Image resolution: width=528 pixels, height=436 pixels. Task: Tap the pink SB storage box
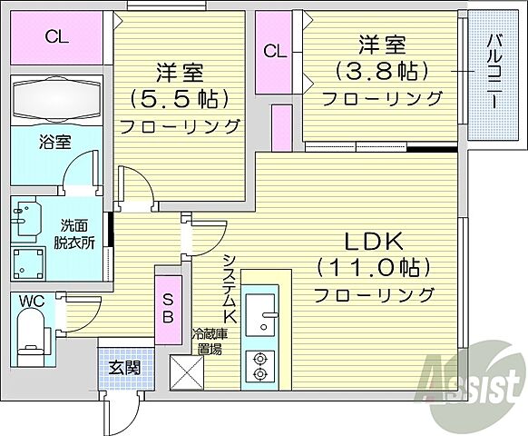coord(169,304)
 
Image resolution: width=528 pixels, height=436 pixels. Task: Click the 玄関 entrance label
coord(124,367)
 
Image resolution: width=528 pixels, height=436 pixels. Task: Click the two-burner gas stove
coord(260,363)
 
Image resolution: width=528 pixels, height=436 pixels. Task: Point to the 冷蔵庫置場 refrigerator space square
coord(186,372)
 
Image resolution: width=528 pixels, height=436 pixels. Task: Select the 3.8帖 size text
coord(381,69)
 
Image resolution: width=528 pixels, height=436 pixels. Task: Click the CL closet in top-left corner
coord(56,37)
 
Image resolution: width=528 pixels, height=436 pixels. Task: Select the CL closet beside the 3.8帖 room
coord(273,52)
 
